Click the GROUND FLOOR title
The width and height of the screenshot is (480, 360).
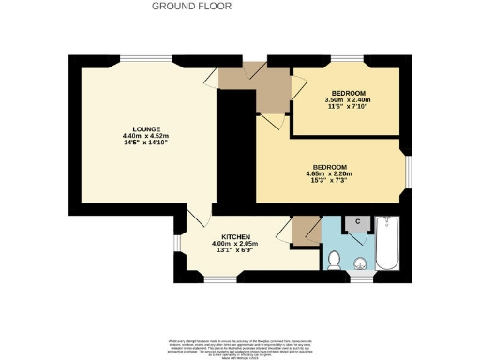coord(192,6)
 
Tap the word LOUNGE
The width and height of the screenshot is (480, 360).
coord(144,130)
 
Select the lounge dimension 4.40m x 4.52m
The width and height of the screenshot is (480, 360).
coord(144,138)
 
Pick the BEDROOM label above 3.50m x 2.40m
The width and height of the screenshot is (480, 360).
coord(348,93)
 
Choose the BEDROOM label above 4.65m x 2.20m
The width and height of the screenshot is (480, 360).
coord(330,166)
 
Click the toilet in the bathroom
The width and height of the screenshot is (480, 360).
coord(334,259)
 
